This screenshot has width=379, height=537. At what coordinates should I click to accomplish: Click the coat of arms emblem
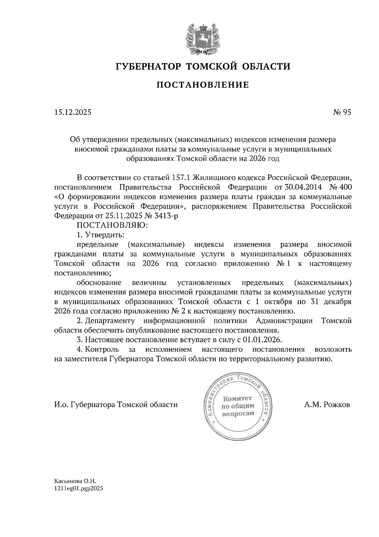tap(202, 39)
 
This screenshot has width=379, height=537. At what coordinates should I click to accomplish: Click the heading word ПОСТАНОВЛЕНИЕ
tap(202, 85)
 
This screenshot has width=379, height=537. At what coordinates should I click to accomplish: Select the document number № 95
tap(342, 112)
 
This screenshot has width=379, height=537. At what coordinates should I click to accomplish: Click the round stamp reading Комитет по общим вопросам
tap(238, 406)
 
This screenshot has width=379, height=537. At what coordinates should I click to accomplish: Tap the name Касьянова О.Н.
tap(73, 481)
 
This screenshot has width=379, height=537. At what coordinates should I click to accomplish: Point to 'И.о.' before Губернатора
tap(61, 404)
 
